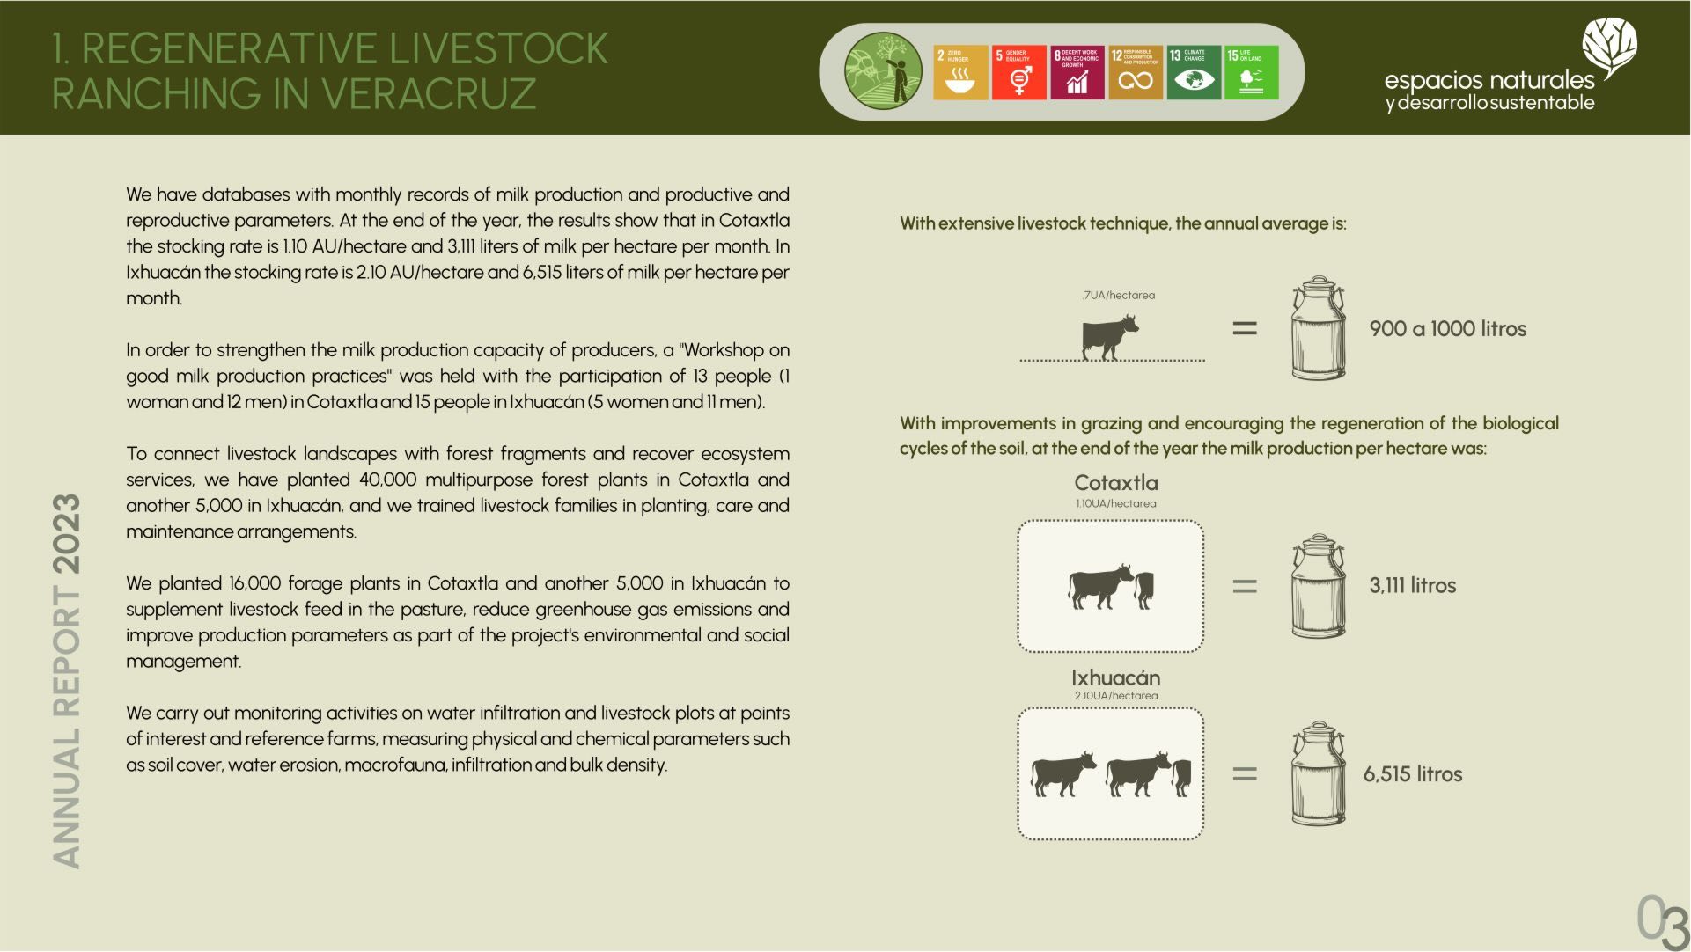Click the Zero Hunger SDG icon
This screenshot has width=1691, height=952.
point(960,72)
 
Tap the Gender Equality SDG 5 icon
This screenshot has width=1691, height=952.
point(1018,72)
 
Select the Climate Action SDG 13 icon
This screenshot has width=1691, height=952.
point(1194,72)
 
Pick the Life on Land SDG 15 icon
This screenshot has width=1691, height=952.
point(1252,72)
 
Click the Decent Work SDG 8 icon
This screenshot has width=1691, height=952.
point(1077,72)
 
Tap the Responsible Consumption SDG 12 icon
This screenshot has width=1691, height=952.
point(1136,72)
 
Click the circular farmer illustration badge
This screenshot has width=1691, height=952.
point(884,71)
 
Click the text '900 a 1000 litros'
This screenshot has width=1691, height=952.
point(1448,329)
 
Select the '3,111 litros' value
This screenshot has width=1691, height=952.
point(1412,586)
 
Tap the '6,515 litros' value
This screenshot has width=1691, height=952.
point(1413,774)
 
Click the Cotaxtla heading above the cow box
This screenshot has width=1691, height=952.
point(1116,483)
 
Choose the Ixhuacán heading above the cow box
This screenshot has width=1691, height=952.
point(1116,678)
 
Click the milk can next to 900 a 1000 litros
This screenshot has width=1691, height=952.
point(1319,327)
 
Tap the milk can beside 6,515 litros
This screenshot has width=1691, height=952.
point(1319,773)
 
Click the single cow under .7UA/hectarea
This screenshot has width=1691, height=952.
point(1110,337)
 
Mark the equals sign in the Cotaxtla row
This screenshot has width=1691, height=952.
point(1245,586)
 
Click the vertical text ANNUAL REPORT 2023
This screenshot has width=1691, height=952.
point(67,681)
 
